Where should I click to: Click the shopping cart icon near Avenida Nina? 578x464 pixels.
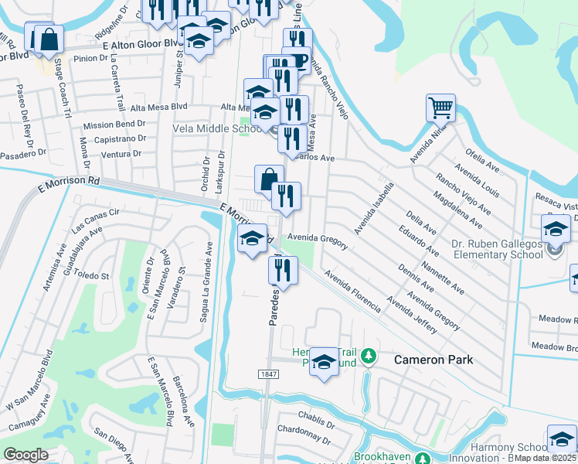point(440,107)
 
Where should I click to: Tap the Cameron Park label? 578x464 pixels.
point(433,360)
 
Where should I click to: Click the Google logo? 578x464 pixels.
point(25,454)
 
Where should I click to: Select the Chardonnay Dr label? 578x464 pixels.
point(304,440)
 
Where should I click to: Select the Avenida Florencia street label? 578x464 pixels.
point(352,291)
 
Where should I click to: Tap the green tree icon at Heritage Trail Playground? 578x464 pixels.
point(369,357)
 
